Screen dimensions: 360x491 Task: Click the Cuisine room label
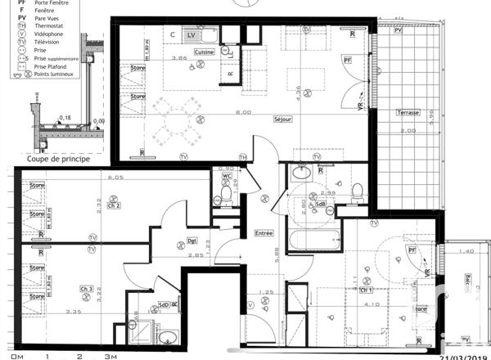pyautogui.click(x=204, y=52)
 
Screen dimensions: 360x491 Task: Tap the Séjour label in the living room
pyautogui.click(x=284, y=119)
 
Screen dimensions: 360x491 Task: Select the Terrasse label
pyautogui.click(x=408, y=113)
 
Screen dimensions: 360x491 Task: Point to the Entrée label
pyautogui.click(x=264, y=233)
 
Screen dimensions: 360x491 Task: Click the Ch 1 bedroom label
pyautogui.click(x=366, y=290)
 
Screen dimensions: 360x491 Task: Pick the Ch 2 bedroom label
pyautogui.click(x=114, y=206)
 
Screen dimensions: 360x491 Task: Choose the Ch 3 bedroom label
pyautogui.click(x=86, y=289)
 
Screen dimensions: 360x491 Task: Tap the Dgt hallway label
pyautogui.click(x=192, y=241)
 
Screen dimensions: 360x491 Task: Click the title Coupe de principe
pyautogui.click(x=58, y=159)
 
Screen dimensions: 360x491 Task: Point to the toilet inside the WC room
pyautogui.click(x=226, y=194)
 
